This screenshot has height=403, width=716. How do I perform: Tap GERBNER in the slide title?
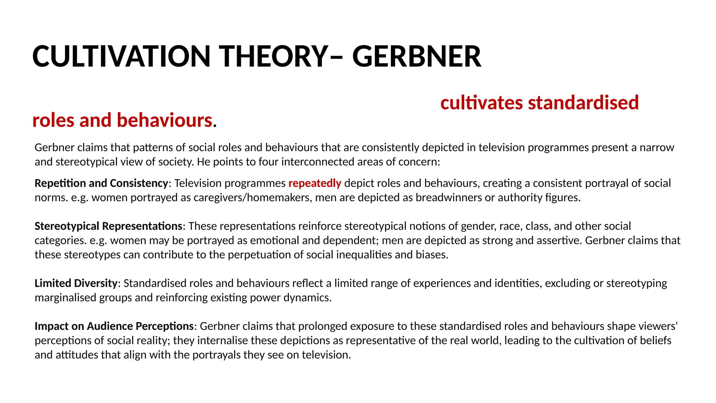[417, 56]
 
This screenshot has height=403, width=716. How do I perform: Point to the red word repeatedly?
[315, 183]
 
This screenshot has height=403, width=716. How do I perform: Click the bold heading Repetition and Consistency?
[101, 183]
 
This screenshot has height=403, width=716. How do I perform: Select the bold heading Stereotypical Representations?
[108, 226]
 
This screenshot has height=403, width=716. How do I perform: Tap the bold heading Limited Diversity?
[76, 283]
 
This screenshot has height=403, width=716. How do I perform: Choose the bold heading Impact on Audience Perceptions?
[114, 326]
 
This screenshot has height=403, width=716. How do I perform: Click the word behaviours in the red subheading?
[164, 120]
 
